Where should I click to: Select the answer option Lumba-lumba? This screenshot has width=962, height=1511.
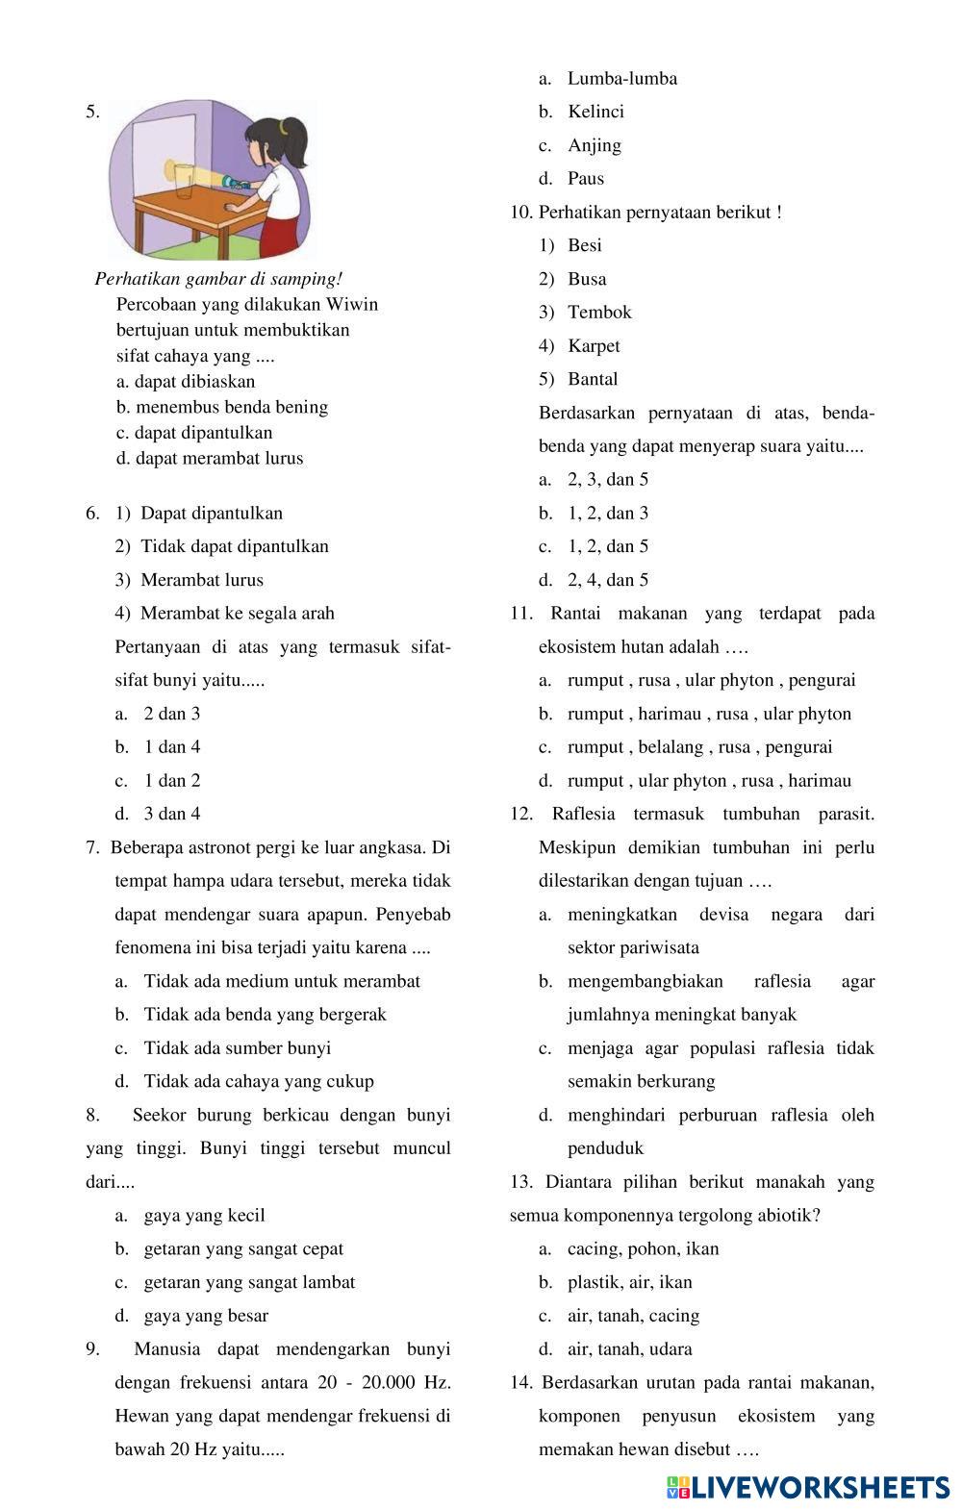621,79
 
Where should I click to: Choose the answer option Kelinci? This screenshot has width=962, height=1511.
595,112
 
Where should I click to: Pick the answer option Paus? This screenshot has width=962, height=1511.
586,178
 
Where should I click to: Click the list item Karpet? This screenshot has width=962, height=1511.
594,345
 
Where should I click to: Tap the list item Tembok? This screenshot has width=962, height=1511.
599,312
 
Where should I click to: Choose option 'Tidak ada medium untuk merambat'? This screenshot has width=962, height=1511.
281,981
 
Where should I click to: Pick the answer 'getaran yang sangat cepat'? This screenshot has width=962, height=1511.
243,1248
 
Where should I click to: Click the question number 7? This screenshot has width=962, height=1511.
92,847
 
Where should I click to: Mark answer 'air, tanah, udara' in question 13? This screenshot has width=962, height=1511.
629,1348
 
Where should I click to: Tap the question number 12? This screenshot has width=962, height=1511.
520,814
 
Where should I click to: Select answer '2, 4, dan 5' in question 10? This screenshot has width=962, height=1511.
607,580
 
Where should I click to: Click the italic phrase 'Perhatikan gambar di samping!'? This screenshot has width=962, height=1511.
218,279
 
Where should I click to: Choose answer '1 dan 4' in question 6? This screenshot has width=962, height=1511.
171,746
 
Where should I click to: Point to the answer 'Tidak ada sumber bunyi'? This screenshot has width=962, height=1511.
237,1047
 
